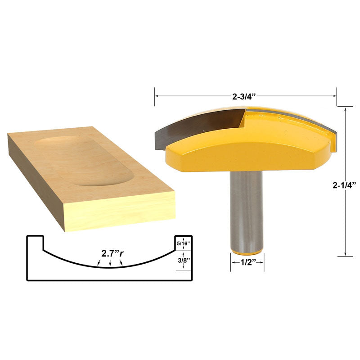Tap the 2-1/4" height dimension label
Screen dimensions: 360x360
pyautogui.click(x=344, y=184)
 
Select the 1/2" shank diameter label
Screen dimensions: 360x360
pyautogui.click(x=247, y=262)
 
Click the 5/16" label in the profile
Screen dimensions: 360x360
pyautogui.click(x=184, y=243)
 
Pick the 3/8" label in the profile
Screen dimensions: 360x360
pyautogui.click(x=184, y=260)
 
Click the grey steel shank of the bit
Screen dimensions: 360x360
pyautogui.click(x=246, y=207)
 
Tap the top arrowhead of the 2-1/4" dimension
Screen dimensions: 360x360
pyautogui.click(x=345, y=108)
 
